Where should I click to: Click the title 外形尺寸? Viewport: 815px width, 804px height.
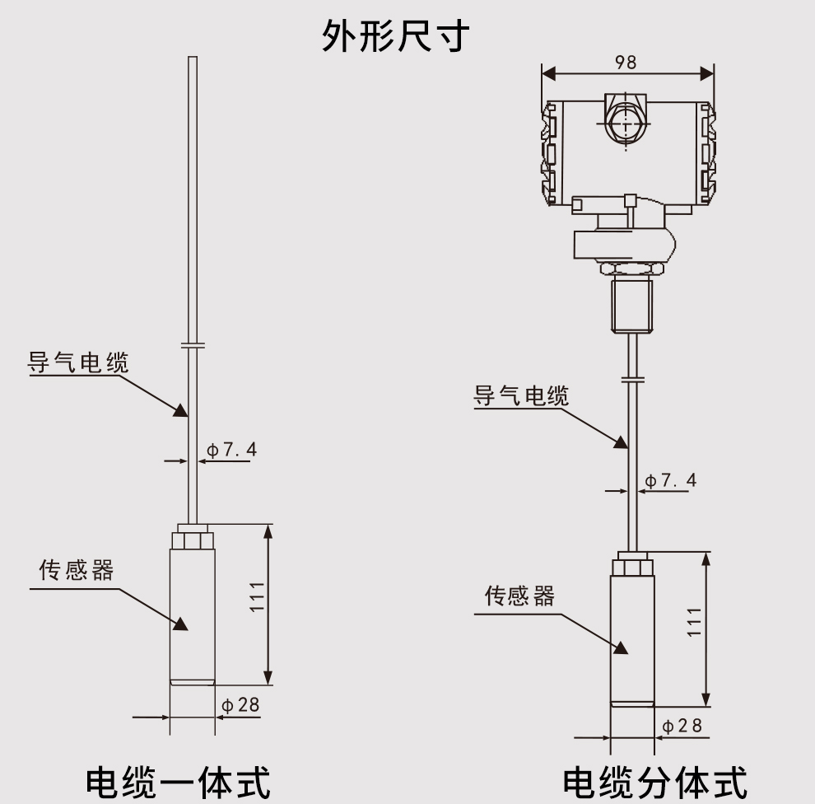pos(395,35)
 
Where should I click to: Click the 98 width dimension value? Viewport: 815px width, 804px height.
pos(626,63)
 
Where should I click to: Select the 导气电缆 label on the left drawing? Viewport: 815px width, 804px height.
pos(79,362)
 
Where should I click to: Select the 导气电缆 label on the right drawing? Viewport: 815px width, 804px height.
pos(520,395)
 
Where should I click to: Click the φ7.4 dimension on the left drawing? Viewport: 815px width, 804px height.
pos(231,450)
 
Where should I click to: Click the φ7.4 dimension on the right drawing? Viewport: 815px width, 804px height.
pos(670,480)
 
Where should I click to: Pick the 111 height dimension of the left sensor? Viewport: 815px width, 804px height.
pos(257,596)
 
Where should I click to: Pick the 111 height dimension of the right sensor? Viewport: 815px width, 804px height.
pos(694,622)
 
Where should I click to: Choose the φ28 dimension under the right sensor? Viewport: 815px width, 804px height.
pos(682,726)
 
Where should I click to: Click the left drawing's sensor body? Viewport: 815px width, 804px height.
pos(192,610)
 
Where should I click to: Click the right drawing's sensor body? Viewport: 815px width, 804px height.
pos(631,634)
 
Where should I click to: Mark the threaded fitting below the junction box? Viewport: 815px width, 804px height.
pos(631,305)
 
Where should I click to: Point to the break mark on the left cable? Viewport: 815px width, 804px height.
pos(193,346)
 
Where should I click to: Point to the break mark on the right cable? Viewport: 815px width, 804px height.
pos(631,379)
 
